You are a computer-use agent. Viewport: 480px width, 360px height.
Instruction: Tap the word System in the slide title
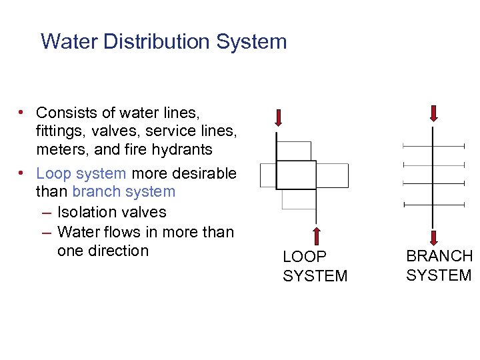coord(251,41)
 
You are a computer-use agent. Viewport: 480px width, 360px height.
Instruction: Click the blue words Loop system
coord(81,173)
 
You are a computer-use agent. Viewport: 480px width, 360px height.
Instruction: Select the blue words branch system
coord(123,192)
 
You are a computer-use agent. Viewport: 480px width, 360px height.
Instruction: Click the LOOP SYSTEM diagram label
coord(315,266)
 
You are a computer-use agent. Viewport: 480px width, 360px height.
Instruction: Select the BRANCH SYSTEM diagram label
coord(439,265)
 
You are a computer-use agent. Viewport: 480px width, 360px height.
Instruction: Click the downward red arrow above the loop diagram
coord(278,118)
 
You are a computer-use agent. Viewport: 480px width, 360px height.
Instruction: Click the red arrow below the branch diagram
coord(434,238)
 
